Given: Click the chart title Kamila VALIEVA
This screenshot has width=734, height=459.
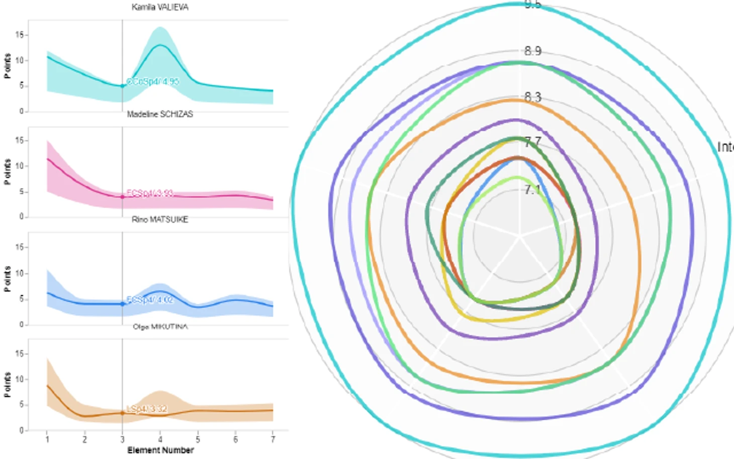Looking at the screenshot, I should click(x=160, y=7).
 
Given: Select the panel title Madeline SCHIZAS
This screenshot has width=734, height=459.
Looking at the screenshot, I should click(x=160, y=114).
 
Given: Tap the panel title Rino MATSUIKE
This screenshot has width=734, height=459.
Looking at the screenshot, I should click(x=160, y=220).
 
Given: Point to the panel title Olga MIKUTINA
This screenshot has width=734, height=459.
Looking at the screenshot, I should click(x=160, y=327).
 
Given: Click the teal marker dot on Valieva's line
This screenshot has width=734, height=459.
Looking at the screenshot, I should click(x=122, y=86).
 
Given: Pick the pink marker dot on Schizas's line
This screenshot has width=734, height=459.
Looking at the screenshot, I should click(x=122, y=197).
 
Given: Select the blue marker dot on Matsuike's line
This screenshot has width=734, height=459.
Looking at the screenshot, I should click(x=122, y=304).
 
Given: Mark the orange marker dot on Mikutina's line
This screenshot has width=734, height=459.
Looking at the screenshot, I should click(x=122, y=413).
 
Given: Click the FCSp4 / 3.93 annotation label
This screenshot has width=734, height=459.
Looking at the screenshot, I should click(x=150, y=193).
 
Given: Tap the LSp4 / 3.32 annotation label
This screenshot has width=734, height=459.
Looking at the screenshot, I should click(x=147, y=409).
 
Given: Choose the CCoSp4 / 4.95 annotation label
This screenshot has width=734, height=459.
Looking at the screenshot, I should click(x=152, y=81).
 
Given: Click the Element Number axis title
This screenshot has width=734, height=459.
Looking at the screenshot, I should click(x=160, y=450).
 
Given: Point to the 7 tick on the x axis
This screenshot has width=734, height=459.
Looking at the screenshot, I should click(x=273, y=439).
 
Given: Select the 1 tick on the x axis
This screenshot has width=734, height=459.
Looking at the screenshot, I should click(x=47, y=439).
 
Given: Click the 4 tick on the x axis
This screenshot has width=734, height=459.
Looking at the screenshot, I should click(x=160, y=439).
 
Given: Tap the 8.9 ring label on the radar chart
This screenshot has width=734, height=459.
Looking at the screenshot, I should click(x=532, y=51).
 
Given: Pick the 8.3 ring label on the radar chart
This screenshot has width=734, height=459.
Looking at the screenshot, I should click(x=532, y=97).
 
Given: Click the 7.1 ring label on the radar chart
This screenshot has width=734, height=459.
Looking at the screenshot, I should click(x=532, y=190).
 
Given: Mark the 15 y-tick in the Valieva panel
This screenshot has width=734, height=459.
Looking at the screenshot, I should click(x=19, y=35).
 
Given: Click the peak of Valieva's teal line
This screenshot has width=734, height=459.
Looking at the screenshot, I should click(x=160, y=45).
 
